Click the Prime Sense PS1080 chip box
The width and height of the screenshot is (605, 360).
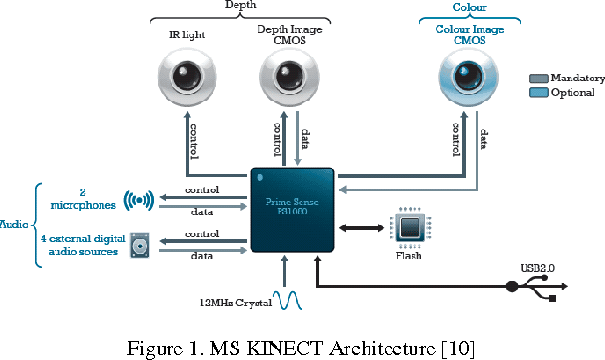292,208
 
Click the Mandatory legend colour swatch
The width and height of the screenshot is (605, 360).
539,79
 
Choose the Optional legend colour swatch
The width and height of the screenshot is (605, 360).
539,93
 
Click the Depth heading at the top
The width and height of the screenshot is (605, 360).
239,6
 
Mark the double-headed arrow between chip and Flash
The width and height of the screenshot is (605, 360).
364,228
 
